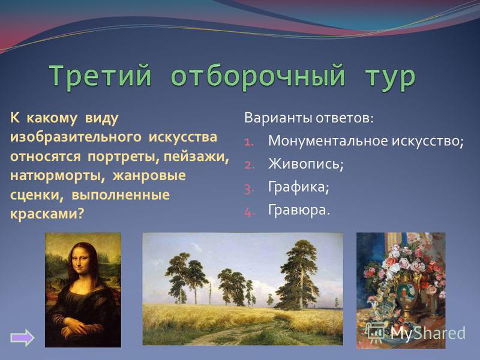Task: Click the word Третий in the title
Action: [100, 76]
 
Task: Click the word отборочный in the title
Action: [258, 76]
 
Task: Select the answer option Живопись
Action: [306, 164]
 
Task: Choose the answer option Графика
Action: [298, 187]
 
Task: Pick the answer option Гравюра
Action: [299, 210]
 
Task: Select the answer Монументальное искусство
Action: [366, 141]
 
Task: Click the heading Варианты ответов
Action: [309, 118]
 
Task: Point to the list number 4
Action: [250, 212]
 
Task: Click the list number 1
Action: [250, 142]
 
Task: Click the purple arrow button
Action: [22, 338]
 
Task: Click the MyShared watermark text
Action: [428, 334]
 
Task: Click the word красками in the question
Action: [47, 214]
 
